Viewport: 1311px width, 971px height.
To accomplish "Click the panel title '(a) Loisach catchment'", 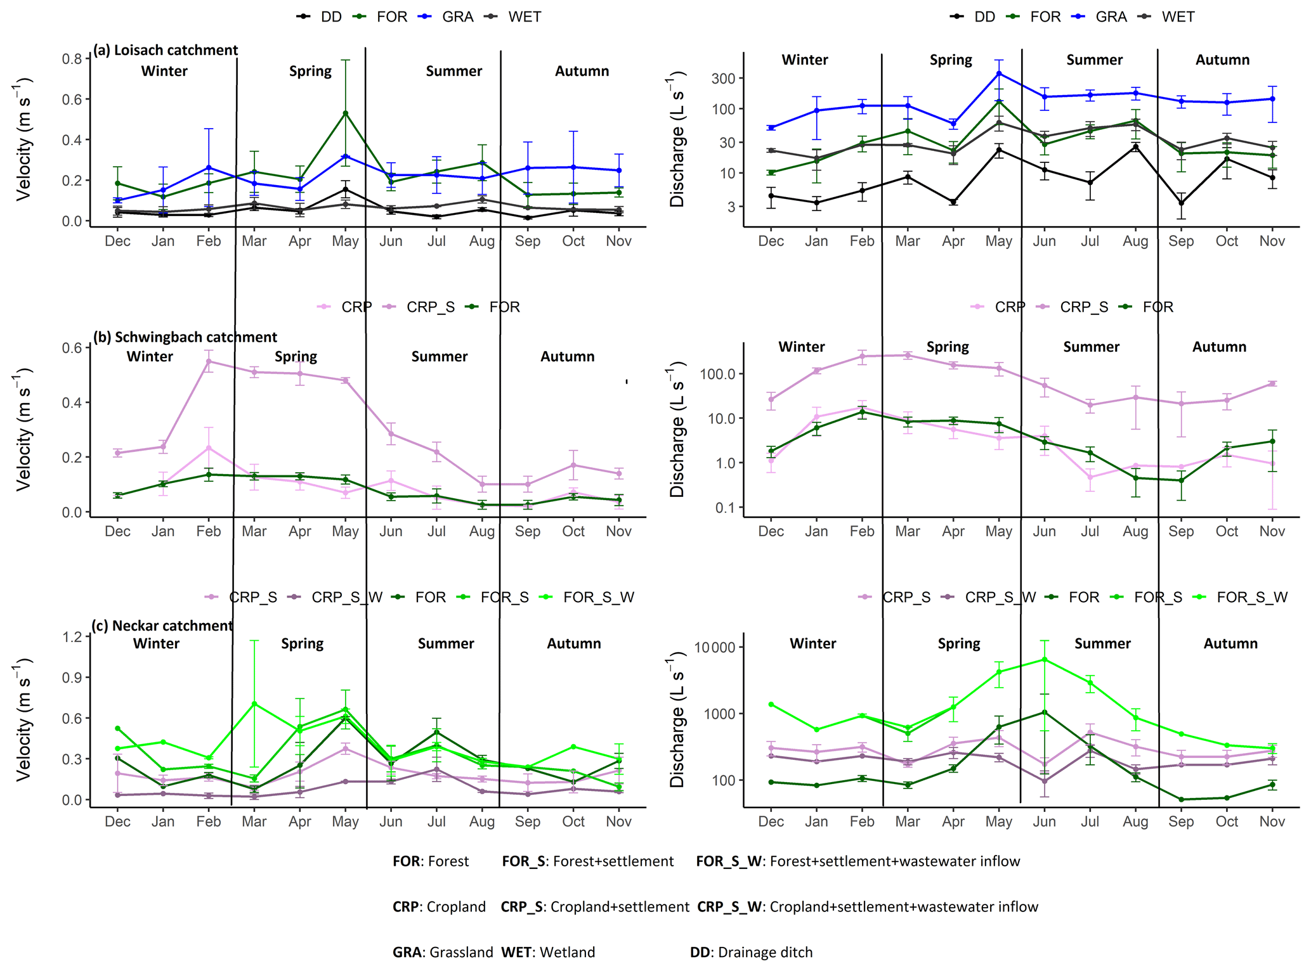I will (x=166, y=50).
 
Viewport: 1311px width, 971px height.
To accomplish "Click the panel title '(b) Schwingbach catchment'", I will (x=185, y=337).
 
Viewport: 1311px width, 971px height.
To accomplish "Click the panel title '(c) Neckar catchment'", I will (x=162, y=626).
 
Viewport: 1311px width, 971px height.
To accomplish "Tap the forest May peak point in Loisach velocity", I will (x=345, y=113).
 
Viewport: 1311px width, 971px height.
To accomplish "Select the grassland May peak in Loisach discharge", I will (x=999, y=74).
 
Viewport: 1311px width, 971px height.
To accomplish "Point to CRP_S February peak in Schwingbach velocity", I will (x=209, y=361).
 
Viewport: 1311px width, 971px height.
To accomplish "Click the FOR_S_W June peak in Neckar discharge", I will (x=1044, y=660).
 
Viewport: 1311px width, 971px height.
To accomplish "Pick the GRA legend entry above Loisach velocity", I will (x=457, y=17).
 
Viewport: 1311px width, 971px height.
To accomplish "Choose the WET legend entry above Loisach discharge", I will (x=1178, y=17).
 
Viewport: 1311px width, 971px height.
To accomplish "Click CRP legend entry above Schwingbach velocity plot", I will (x=356, y=307).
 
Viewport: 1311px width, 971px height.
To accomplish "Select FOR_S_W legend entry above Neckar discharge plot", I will (x=1252, y=598).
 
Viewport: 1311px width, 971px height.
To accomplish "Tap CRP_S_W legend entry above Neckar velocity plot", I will (x=346, y=598).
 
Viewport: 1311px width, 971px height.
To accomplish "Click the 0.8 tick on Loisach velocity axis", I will (x=72, y=59).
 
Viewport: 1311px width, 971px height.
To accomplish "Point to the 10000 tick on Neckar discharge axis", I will (x=715, y=648).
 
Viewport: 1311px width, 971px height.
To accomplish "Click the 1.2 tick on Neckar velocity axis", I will (x=74, y=637).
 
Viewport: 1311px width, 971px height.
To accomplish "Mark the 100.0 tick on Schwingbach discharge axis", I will (x=717, y=374).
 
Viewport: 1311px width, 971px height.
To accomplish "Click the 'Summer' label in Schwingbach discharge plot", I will (x=1091, y=347).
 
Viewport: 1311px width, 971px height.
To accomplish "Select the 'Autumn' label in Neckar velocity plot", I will (x=574, y=644).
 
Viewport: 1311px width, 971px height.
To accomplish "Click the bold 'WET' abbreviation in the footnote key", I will (x=516, y=953).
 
